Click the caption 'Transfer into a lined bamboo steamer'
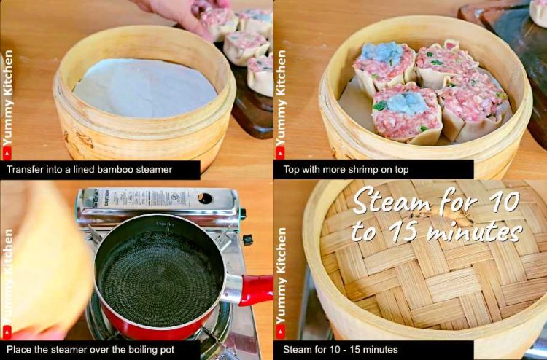[x=90, y=170]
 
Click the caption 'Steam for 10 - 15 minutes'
[x=341, y=350]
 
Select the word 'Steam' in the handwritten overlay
[x=394, y=199]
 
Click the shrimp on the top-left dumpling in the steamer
[x=382, y=53]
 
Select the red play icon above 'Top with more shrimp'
[x=280, y=152]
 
